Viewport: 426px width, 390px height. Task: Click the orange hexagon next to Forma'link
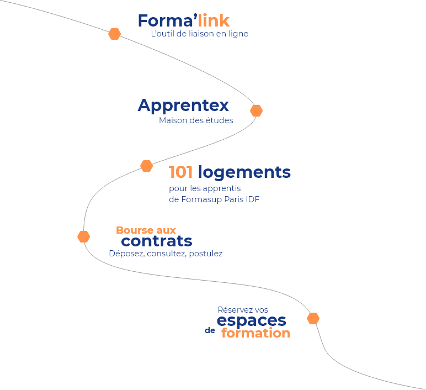tap(114, 34)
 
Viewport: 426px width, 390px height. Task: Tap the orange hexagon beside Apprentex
tap(256, 111)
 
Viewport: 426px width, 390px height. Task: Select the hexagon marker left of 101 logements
tap(146, 166)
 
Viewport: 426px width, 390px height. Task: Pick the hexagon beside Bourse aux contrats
tap(84, 236)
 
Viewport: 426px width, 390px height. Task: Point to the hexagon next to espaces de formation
tap(313, 319)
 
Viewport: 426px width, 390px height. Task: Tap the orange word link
tap(214, 21)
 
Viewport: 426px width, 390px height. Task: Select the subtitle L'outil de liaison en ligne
tap(200, 34)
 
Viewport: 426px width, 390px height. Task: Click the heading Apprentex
tap(183, 105)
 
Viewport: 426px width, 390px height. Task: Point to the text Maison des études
tap(196, 120)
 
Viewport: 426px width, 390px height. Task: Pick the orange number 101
tap(180, 172)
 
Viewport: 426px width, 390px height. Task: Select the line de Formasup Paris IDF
tap(214, 199)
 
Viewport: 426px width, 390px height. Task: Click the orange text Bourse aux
tap(146, 230)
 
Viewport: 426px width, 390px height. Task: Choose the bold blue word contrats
tap(157, 241)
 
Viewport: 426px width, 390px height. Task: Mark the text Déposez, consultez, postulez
tap(166, 254)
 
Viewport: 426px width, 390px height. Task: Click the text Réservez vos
tap(243, 310)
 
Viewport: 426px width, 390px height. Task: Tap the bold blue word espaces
tap(252, 321)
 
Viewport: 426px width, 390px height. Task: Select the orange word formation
tap(255, 333)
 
